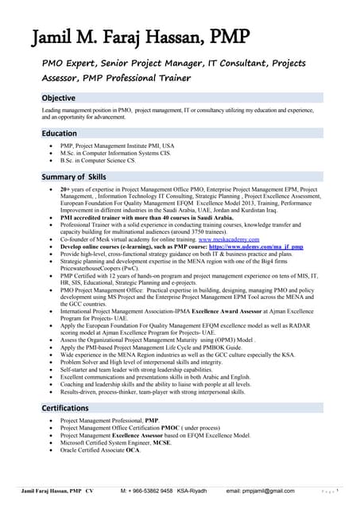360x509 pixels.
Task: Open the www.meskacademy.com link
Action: (x=229, y=239)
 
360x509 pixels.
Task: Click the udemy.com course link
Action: (x=254, y=247)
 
